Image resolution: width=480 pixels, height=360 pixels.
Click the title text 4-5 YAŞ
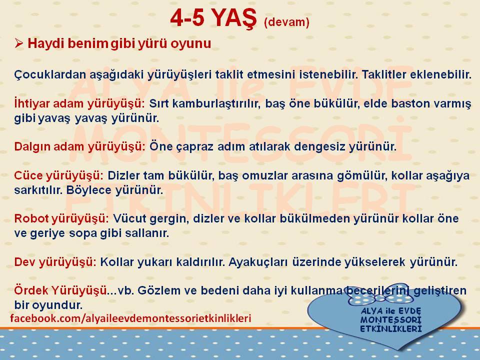click(213, 18)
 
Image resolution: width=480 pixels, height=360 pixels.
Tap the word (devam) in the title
click(286, 22)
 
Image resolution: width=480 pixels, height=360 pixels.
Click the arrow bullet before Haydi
click(18, 43)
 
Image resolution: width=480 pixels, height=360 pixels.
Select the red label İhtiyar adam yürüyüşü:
click(79, 104)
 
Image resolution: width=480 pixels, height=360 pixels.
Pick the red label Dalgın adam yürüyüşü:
click(79, 147)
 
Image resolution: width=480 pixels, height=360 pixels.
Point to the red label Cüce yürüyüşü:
click(59, 175)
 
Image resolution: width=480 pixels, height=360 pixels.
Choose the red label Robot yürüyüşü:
click(61, 219)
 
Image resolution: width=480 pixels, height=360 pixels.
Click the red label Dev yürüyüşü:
click(55, 262)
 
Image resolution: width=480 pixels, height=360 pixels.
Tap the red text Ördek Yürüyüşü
click(60, 290)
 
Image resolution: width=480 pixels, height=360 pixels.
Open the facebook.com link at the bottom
click(130, 318)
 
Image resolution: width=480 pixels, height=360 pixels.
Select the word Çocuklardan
click(50, 74)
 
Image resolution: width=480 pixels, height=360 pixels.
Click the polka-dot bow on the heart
click(377, 294)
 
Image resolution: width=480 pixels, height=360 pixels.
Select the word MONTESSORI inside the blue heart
click(391, 320)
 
